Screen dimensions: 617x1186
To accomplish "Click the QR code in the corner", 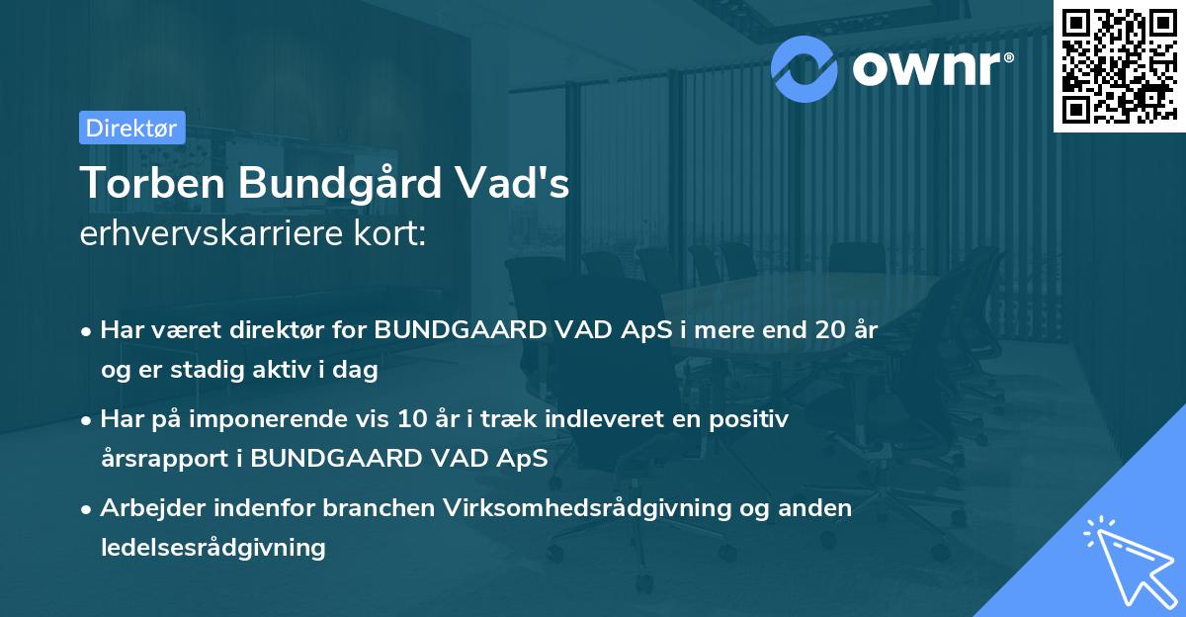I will click(x=1119, y=66).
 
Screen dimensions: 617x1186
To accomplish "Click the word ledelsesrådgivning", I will click(x=213, y=547).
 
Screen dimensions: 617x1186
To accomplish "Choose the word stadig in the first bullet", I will click(x=213, y=370).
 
